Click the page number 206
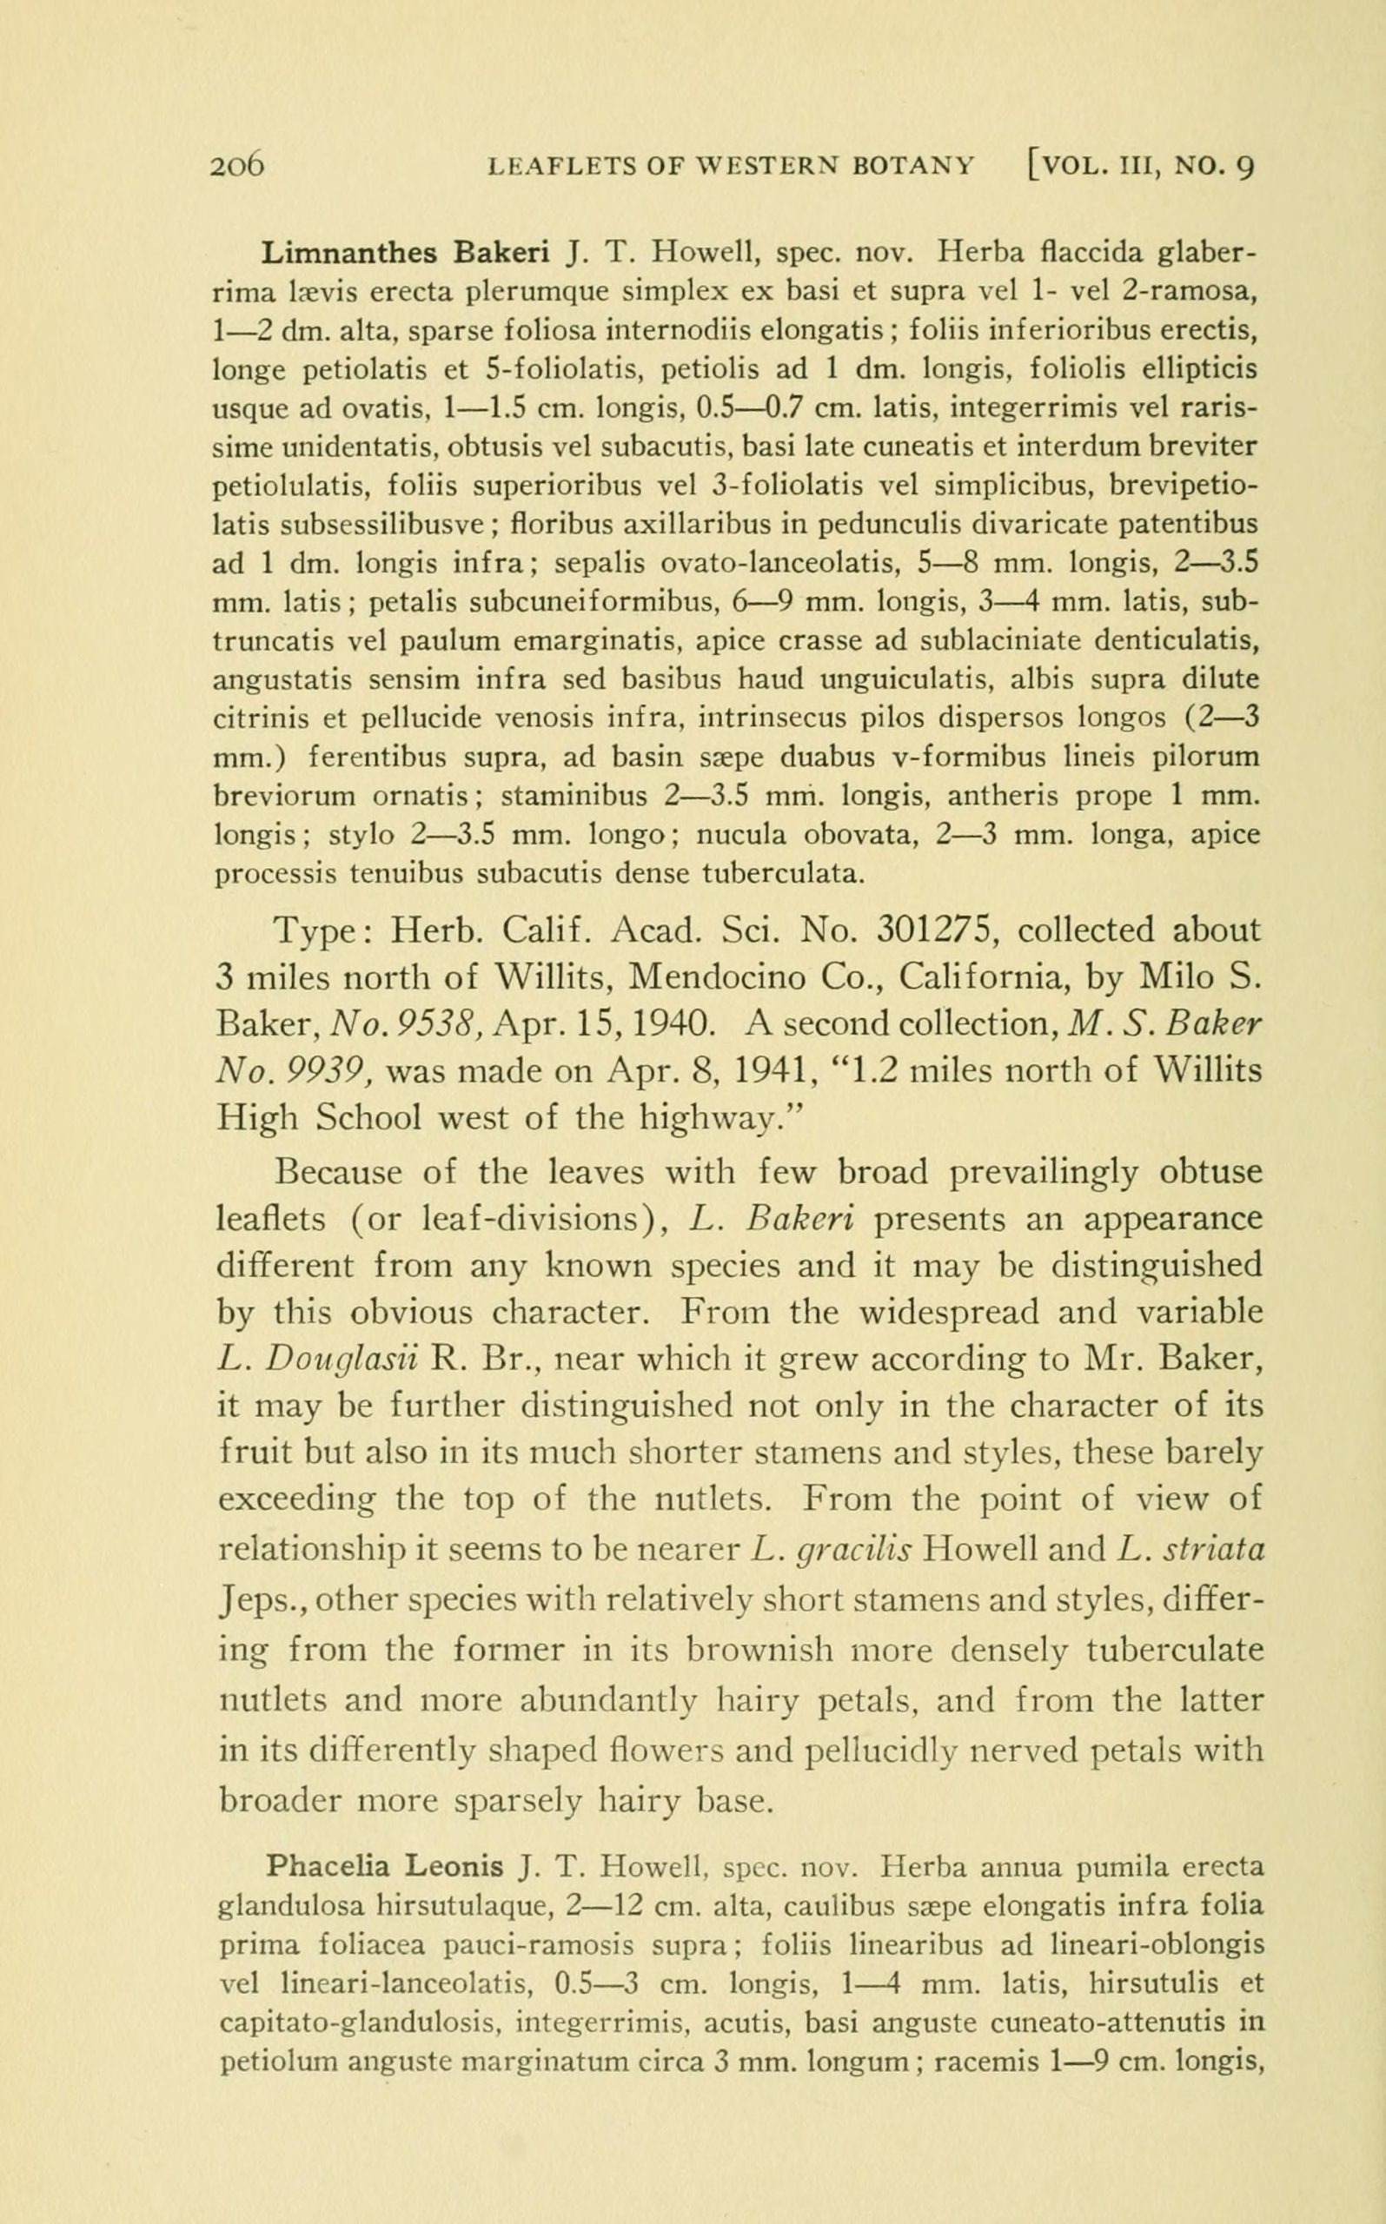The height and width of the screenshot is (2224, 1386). (x=237, y=167)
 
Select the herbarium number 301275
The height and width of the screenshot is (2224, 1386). (x=936, y=930)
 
